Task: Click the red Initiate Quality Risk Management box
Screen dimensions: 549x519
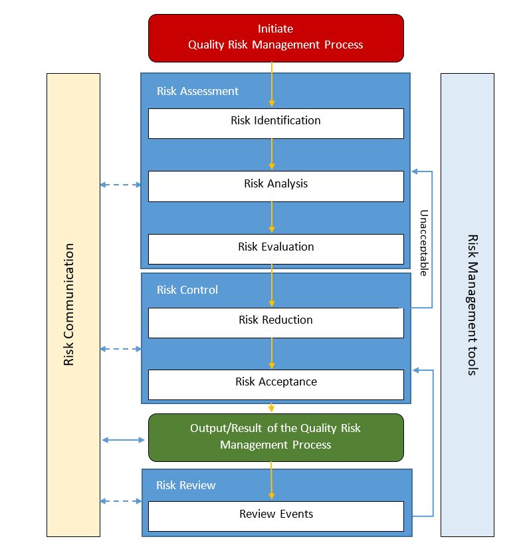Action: coord(276,37)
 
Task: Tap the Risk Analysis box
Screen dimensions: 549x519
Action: coord(276,185)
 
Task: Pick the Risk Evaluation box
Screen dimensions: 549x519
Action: coord(276,249)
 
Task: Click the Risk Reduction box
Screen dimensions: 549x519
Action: coord(276,322)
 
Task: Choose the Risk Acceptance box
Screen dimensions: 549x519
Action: coord(276,384)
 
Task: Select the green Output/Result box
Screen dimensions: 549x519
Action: coord(276,437)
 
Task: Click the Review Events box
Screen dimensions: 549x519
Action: coord(276,516)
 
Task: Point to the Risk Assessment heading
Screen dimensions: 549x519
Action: coord(197,91)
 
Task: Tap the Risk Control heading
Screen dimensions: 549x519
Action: coord(187,290)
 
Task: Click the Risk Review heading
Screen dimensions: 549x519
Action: coord(186,485)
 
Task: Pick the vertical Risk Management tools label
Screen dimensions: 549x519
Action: coord(472,304)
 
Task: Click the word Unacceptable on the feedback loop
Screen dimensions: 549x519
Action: coord(423,243)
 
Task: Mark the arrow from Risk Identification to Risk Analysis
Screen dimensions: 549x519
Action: coord(272,155)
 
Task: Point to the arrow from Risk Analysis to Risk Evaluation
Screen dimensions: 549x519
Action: coord(272,217)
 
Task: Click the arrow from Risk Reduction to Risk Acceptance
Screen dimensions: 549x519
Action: coord(272,353)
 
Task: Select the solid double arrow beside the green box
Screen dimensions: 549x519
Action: coord(124,439)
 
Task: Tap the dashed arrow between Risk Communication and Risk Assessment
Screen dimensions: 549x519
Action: coord(121,185)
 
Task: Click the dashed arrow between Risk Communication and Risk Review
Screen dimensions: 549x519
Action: coord(121,501)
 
